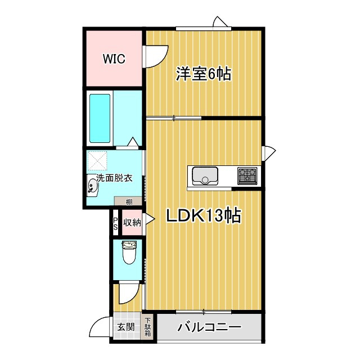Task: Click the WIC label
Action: tap(114, 58)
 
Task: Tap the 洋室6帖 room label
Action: tap(204, 74)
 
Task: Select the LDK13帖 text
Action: tap(203, 215)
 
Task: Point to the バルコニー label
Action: tap(209, 327)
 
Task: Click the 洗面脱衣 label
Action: tap(114, 178)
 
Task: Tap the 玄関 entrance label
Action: tap(125, 327)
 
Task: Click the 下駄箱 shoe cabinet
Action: tap(148, 327)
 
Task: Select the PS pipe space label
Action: tap(115, 223)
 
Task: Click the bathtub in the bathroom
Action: tap(100, 118)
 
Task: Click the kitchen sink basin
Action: tap(205, 175)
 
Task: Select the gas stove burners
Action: tap(247, 175)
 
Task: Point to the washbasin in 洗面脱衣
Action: tap(93, 187)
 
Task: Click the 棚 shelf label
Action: tap(129, 201)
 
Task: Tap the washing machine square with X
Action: tap(100, 161)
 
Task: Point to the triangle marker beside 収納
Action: tap(149, 220)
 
